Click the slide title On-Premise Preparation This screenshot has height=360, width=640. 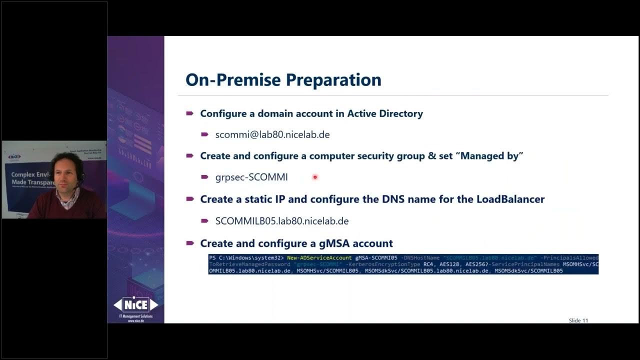pos(283,80)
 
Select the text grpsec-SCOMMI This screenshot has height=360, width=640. pos(251,177)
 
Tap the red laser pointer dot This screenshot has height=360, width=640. pos(315,177)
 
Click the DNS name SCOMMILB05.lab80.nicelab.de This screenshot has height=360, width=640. pos(282,221)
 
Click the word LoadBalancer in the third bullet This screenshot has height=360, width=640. pos(510,199)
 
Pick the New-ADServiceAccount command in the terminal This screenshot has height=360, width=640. pos(319,258)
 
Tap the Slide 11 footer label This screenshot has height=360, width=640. pos(578,320)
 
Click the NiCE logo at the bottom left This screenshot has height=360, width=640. pos(135,304)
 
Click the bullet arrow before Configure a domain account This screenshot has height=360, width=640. pos(190,113)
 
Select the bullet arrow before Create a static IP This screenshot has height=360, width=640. pos(190,199)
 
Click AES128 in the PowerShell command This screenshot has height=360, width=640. pos(451,264)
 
